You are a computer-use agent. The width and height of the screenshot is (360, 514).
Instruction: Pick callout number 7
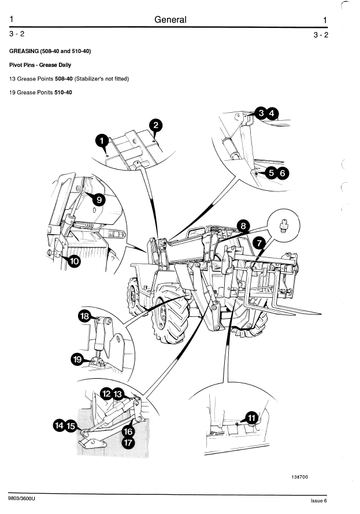(259, 244)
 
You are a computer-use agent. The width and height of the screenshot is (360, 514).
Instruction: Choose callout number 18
(85, 316)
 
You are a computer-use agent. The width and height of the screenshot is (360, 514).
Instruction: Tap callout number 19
(77, 360)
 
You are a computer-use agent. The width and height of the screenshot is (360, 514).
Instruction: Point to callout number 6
(281, 173)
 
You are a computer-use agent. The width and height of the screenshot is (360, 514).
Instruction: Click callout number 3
(261, 113)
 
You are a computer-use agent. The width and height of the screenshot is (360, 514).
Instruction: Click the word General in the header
(170, 20)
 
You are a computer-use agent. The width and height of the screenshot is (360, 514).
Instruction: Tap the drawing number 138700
(299, 477)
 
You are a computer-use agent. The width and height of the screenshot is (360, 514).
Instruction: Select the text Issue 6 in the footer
(318, 501)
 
